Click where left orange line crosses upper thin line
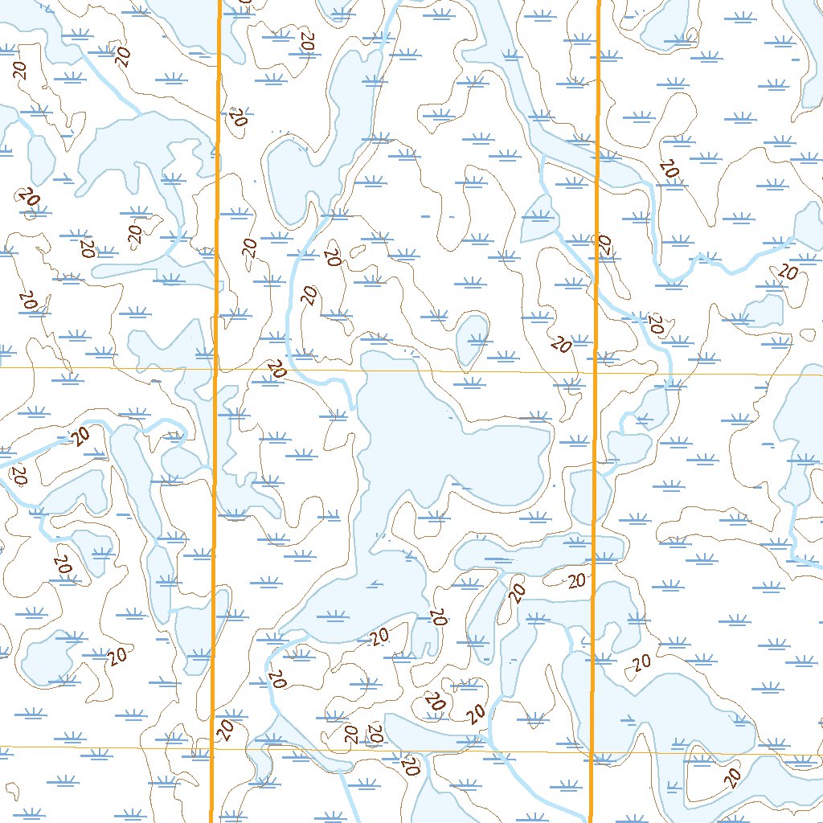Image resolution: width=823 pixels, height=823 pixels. (x=216, y=371)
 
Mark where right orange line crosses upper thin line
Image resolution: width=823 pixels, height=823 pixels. (x=596, y=374)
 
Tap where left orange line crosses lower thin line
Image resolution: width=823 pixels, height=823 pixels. (x=213, y=749)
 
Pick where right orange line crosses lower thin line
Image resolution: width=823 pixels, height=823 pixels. (x=592, y=754)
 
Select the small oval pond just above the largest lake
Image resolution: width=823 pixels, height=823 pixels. (x=473, y=338)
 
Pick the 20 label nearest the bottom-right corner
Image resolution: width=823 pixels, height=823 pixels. (x=732, y=776)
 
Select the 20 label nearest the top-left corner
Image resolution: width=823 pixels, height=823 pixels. (x=20, y=69)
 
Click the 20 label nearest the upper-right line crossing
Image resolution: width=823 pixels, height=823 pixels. (x=562, y=346)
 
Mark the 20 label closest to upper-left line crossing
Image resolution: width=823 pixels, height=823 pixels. (x=277, y=370)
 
